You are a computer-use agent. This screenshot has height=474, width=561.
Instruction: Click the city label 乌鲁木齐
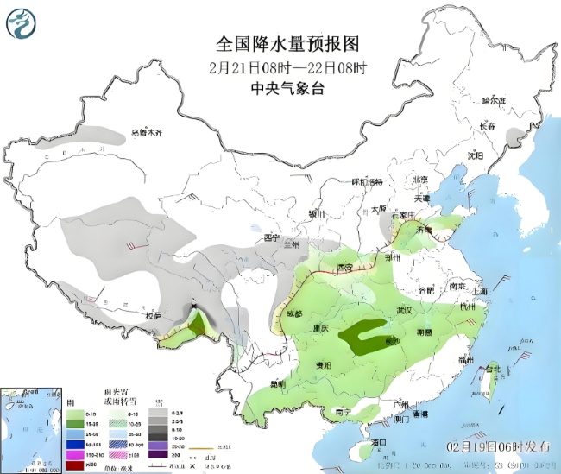point(147,134)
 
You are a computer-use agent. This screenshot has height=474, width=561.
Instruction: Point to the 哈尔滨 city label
point(495,101)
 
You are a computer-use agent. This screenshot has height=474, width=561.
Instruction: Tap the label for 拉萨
point(152,316)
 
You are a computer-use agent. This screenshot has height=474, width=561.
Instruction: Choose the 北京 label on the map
point(420,180)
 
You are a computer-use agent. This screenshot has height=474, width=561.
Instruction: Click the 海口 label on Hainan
point(377,442)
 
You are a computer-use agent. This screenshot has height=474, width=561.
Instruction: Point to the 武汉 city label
point(402,310)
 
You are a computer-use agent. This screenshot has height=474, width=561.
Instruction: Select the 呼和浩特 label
point(366,182)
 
